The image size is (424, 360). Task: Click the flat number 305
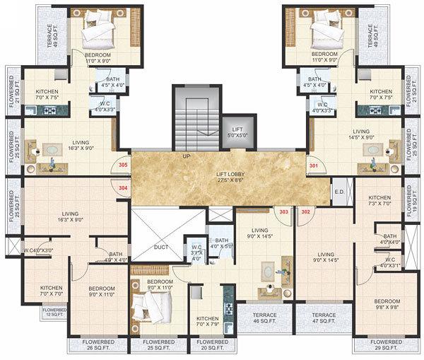click(124, 165)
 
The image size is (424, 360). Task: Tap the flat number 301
click(314, 165)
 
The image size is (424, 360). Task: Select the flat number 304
click(124, 188)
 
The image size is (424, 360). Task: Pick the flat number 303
click(284, 211)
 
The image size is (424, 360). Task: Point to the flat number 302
click(306, 211)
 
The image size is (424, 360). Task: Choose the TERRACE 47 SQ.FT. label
click(324, 318)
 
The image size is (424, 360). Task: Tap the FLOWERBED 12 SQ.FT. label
click(54, 312)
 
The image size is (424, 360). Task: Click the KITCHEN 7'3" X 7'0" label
click(379, 202)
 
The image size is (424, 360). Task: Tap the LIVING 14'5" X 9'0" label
click(361, 134)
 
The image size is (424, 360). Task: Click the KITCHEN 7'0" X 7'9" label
click(207, 321)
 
